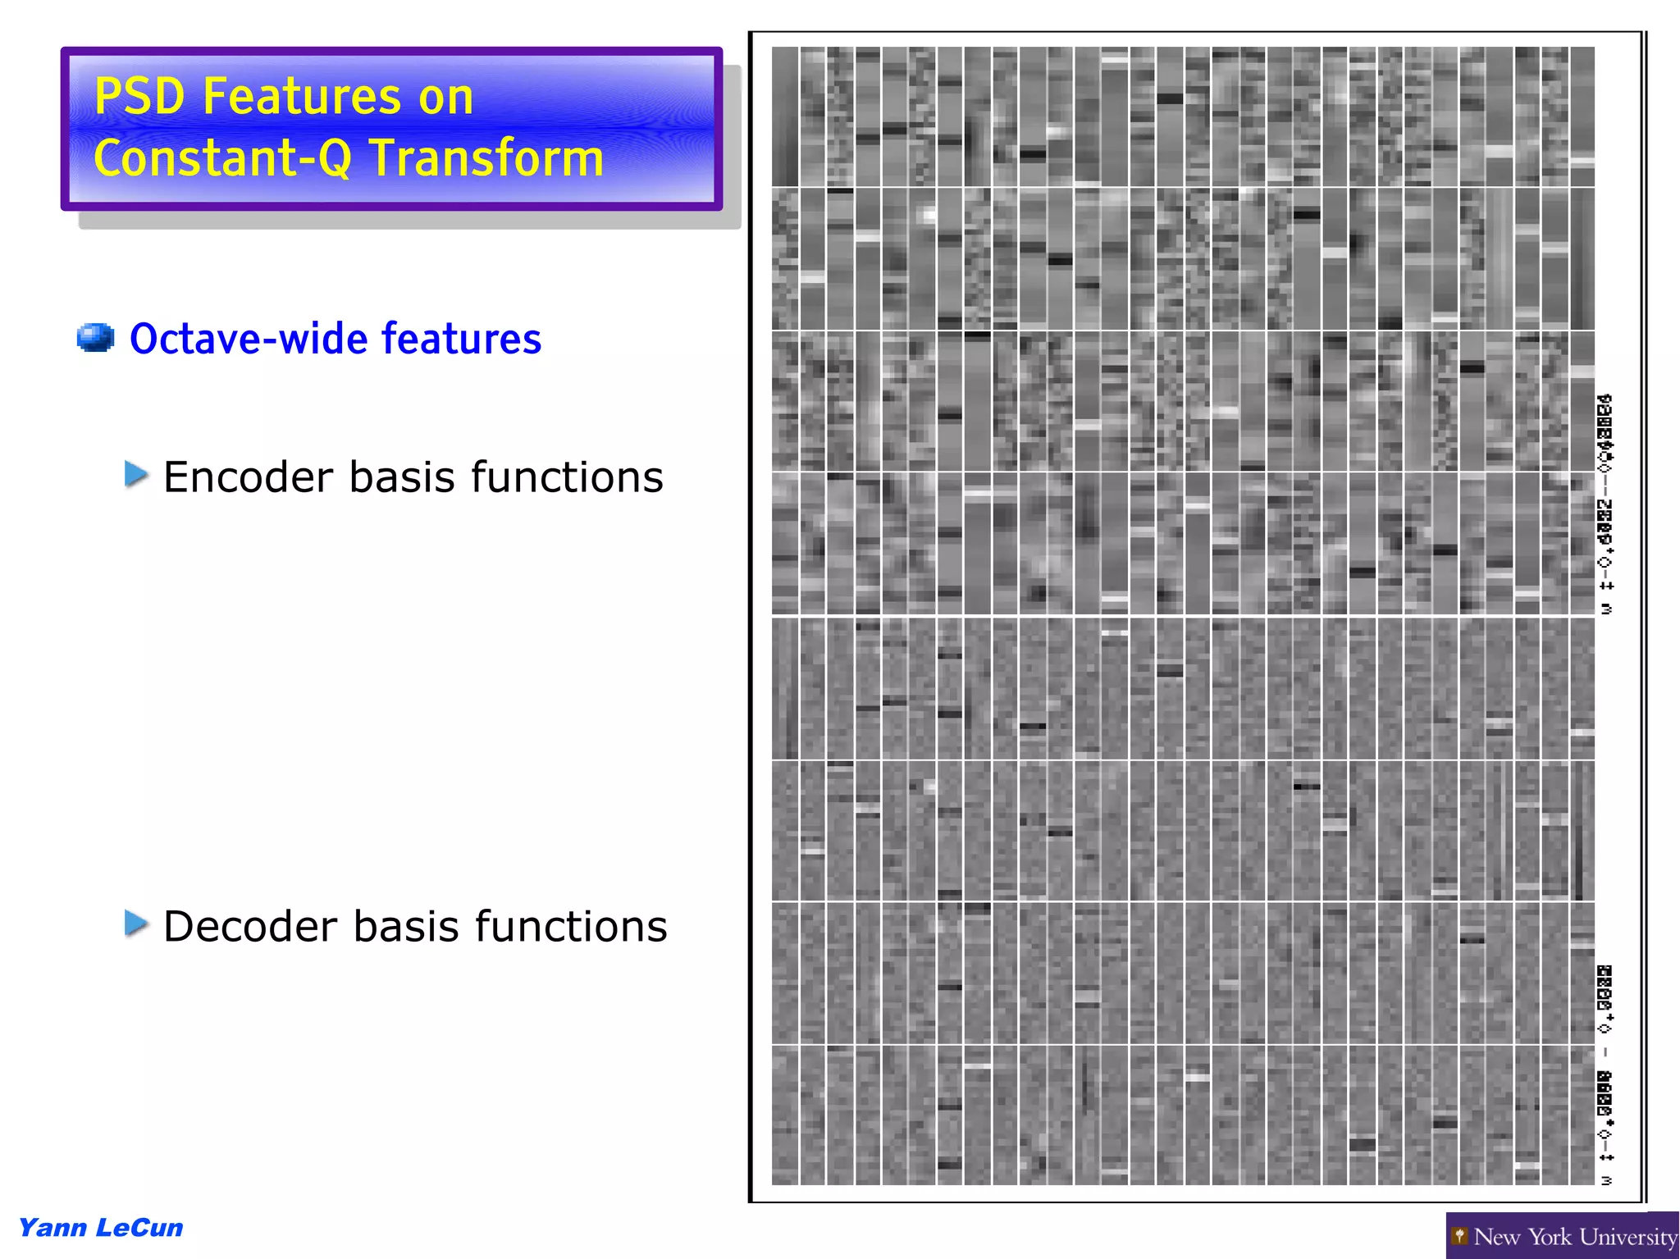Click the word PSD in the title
click(139, 97)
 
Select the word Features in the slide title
click(302, 97)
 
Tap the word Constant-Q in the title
click(222, 157)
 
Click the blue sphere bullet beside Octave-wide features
click(95, 338)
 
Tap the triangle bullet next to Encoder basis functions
click(136, 474)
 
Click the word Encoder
click(249, 477)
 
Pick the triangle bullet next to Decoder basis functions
click(136, 924)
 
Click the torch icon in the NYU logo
click(1459, 1236)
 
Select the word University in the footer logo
click(1628, 1237)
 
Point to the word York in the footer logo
click(1552, 1237)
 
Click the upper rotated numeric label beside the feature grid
click(1605, 504)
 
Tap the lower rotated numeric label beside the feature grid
click(1605, 1074)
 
